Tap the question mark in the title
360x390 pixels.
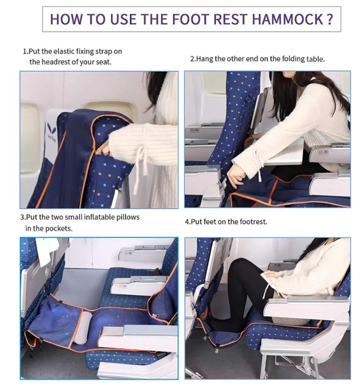[329, 19]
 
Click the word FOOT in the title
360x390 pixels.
[190, 19]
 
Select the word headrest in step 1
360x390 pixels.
[55, 62]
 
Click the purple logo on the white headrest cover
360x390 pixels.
[52, 132]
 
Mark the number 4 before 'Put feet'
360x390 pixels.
[187, 222]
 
